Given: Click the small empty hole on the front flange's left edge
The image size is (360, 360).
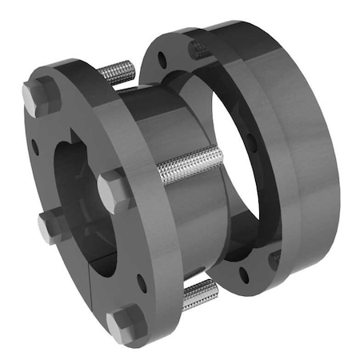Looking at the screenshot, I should [36, 147].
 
